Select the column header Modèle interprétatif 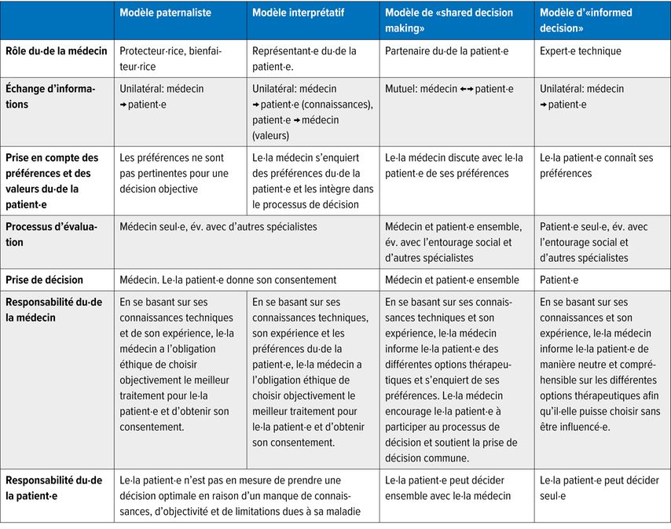[298, 13]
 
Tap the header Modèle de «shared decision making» [448, 20]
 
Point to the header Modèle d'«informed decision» [585, 20]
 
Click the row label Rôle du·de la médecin [56, 51]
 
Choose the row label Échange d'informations [50, 97]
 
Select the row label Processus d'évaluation [52, 234]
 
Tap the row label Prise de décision [45, 280]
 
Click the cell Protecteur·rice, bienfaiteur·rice [170, 59]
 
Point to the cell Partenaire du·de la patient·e [445, 51]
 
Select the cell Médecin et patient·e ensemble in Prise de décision [452, 280]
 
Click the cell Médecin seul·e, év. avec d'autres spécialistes [218, 227]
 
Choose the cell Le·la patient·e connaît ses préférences [596, 166]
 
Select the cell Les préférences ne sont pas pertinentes [174, 173]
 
